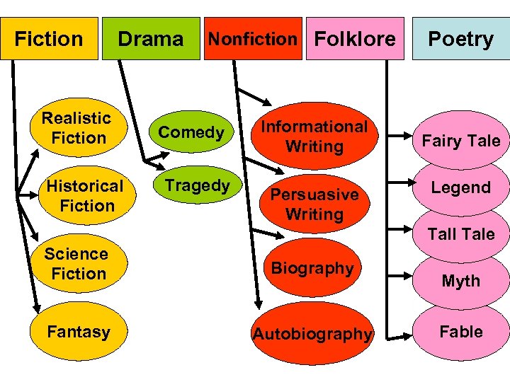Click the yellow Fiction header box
(x=49, y=39)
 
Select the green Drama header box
(x=150, y=39)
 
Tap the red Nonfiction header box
(x=253, y=39)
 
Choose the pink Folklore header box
(x=355, y=39)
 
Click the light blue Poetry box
(x=461, y=39)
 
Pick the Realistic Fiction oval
(x=76, y=128)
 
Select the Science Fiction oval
(x=76, y=264)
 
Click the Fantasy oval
(x=78, y=332)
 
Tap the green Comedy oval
(x=191, y=132)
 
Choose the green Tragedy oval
(x=196, y=185)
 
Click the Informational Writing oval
(x=314, y=137)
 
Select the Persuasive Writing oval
(x=314, y=204)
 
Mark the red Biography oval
(x=312, y=268)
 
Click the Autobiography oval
(x=312, y=334)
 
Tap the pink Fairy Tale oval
(x=461, y=141)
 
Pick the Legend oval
(x=461, y=187)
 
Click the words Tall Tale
(x=461, y=234)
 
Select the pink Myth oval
(x=461, y=281)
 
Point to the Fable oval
(x=461, y=332)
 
